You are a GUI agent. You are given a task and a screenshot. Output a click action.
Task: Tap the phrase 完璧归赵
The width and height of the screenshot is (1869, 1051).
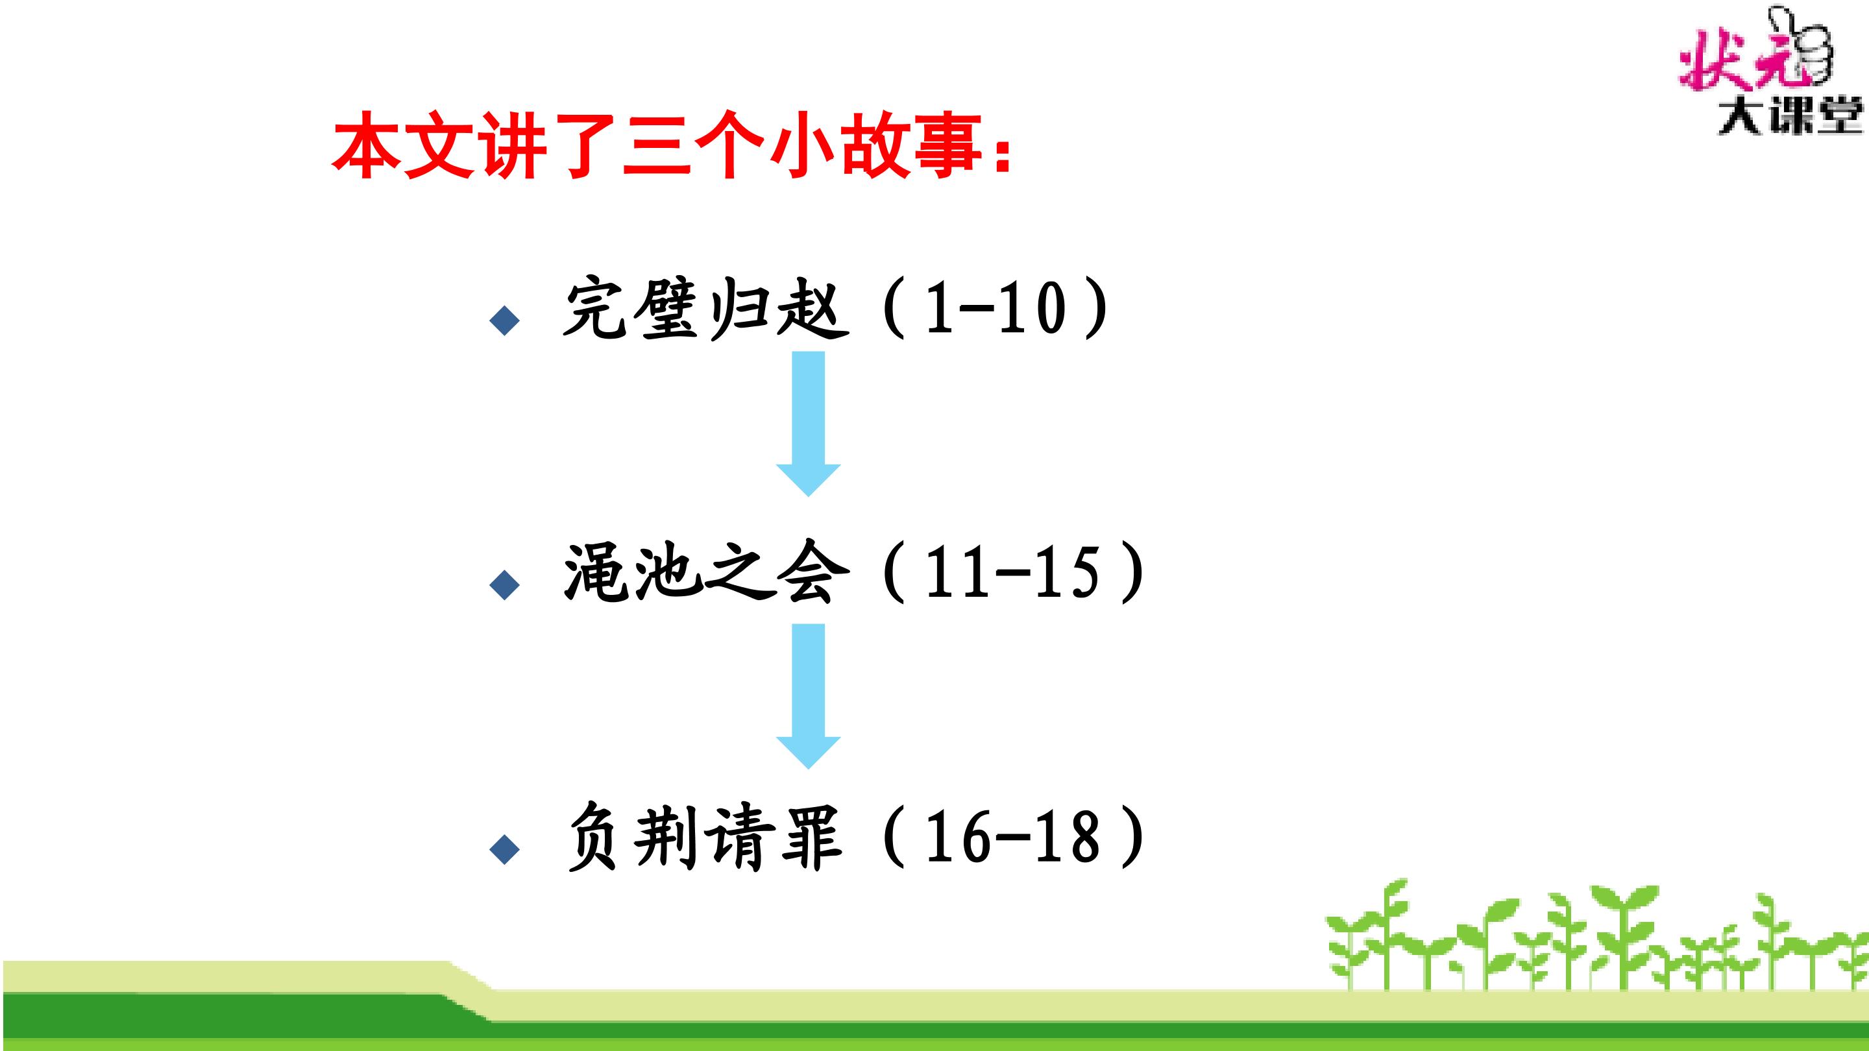(706, 309)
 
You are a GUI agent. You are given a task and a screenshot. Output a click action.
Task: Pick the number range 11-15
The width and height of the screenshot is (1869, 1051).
(1013, 572)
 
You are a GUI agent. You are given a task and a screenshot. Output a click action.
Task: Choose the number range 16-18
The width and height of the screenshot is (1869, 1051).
(1013, 837)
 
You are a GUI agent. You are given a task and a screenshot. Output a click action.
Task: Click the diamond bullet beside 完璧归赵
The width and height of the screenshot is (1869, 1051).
(505, 320)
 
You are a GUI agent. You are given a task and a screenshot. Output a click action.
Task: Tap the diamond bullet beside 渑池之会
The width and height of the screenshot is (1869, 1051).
(505, 584)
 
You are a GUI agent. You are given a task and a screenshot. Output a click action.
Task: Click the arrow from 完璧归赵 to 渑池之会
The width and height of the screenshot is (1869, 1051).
(808, 424)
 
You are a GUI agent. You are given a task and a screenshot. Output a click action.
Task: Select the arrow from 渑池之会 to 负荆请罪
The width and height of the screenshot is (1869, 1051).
(808, 695)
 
